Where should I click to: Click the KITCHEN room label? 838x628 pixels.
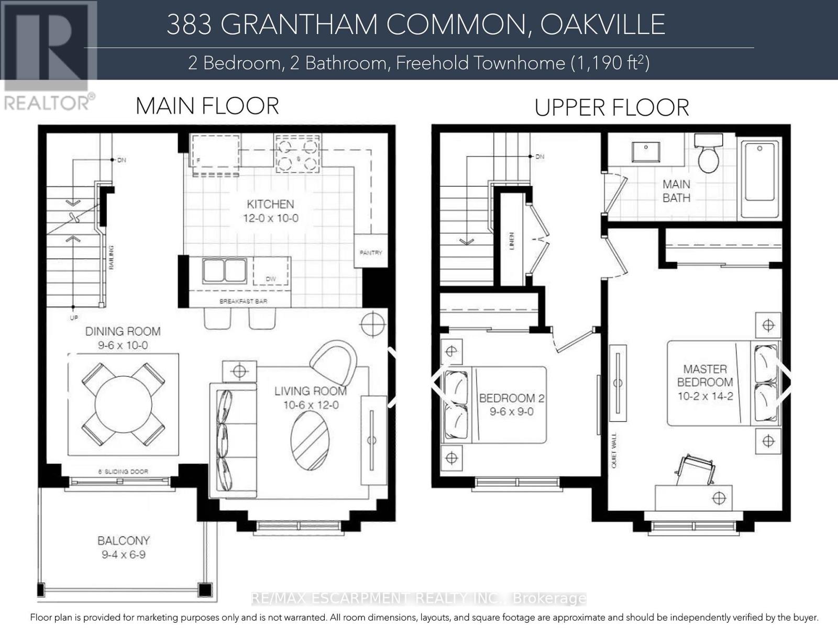270,204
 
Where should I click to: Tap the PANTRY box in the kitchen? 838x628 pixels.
371,252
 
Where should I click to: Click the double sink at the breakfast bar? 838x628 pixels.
224,271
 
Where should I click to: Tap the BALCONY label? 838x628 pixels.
124,540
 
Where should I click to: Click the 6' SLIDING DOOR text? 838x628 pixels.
123,472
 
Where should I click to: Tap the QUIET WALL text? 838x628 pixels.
613,450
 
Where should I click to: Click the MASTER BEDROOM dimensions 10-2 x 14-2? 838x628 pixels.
705,396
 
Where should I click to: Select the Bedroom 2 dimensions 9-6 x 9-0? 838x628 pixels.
511,412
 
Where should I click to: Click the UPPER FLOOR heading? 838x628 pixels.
611,108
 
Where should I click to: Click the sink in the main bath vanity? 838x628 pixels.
645,152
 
